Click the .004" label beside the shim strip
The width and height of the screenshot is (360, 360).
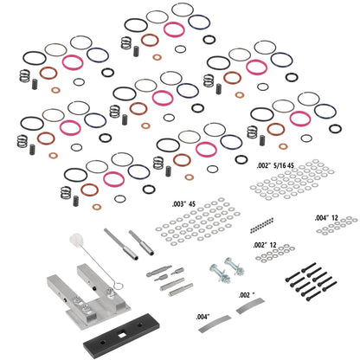[x=204, y=317]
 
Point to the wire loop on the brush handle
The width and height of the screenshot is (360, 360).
[x=104, y=281]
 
